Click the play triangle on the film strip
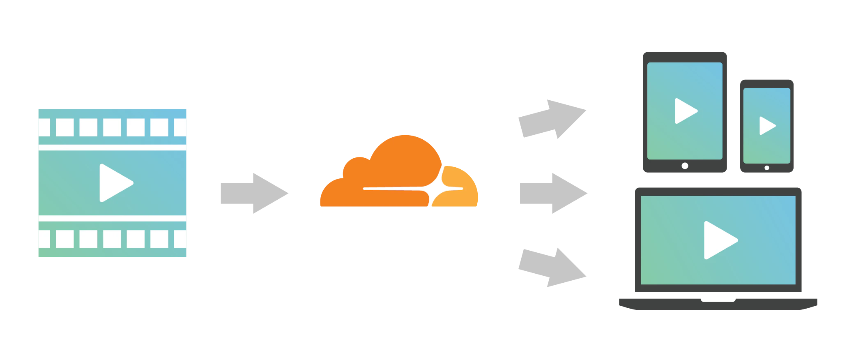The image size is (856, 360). pyautogui.click(x=114, y=183)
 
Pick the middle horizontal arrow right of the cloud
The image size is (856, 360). pyautogui.click(x=552, y=192)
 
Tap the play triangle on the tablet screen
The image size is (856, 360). pyautogui.click(x=685, y=111)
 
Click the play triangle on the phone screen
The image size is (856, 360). pyautogui.click(x=766, y=126)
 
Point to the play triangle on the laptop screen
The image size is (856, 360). pyautogui.click(x=719, y=240)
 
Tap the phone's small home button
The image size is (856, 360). pyautogui.click(x=767, y=168)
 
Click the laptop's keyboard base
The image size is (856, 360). pyautogui.click(x=718, y=303)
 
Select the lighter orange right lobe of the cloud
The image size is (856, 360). pyautogui.click(x=460, y=181)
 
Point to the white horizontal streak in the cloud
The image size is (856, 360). pyautogui.click(x=394, y=189)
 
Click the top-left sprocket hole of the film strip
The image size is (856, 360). pyautogui.click(x=44, y=127)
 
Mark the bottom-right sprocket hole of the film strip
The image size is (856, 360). pyautogui.click(x=180, y=239)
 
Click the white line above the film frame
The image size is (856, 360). pyautogui.click(x=112, y=147)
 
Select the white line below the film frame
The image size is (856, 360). pyautogui.click(x=112, y=218)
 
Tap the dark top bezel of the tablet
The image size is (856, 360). pyautogui.click(x=685, y=56)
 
